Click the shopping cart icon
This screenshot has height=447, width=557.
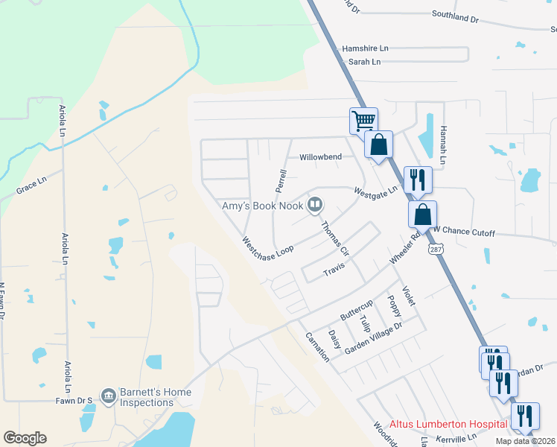click(363, 120)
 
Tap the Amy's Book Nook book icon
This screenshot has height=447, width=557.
click(316, 204)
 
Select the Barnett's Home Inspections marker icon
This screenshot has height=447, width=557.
click(109, 394)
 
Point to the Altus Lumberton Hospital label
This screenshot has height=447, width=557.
click(446, 424)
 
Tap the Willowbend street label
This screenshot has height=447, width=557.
click(320, 157)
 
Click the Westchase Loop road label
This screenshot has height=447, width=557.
click(267, 250)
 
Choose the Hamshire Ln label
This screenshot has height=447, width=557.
click(366, 48)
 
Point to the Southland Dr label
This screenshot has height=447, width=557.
click(454, 16)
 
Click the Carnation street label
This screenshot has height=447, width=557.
click(317, 346)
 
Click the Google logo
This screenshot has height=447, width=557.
click(25, 438)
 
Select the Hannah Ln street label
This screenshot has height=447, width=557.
click(442, 145)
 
